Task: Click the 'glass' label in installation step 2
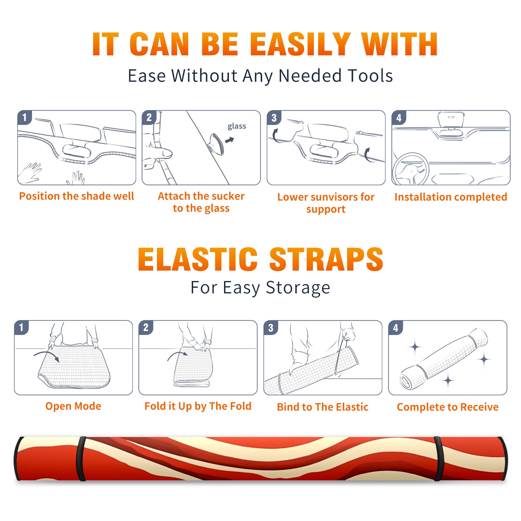pyautogui.click(x=237, y=126)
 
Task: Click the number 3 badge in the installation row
pyautogui.click(x=274, y=118)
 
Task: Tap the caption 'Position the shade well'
pyautogui.click(x=77, y=196)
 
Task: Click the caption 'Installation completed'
pyautogui.click(x=451, y=197)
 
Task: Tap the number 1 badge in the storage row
pyautogui.click(x=21, y=328)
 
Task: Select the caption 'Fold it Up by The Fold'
pyautogui.click(x=198, y=406)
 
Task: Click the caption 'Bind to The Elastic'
pyautogui.click(x=323, y=407)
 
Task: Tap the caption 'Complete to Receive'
pyautogui.click(x=448, y=407)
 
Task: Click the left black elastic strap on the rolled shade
pyautogui.click(x=81, y=458)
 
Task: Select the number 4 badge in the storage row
pyautogui.click(x=396, y=328)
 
